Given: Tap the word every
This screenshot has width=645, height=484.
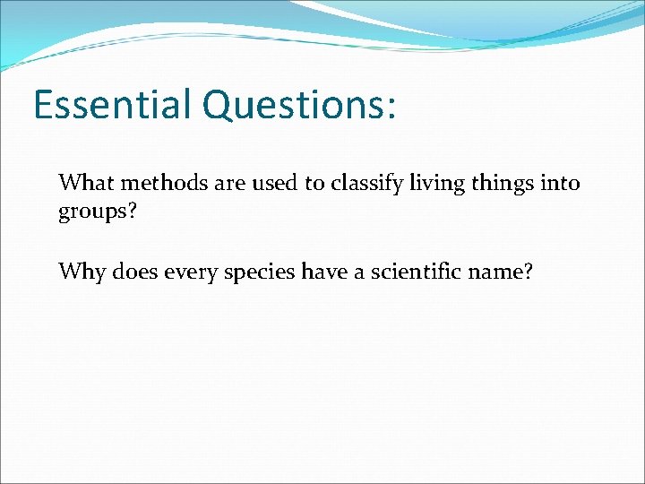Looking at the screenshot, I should (x=188, y=272).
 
